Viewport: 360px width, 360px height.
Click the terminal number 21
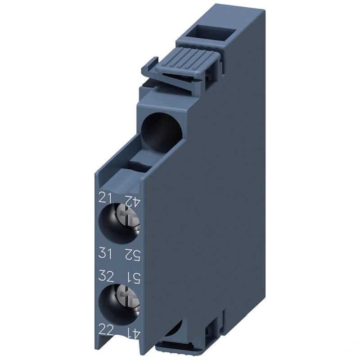point(105,198)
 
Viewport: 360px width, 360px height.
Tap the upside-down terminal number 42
point(132,201)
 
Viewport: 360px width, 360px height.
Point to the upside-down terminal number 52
point(132,255)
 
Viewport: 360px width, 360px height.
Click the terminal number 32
point(106,276)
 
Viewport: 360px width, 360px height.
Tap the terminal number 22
point(106,331)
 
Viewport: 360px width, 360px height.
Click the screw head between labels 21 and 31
point(128,218)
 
